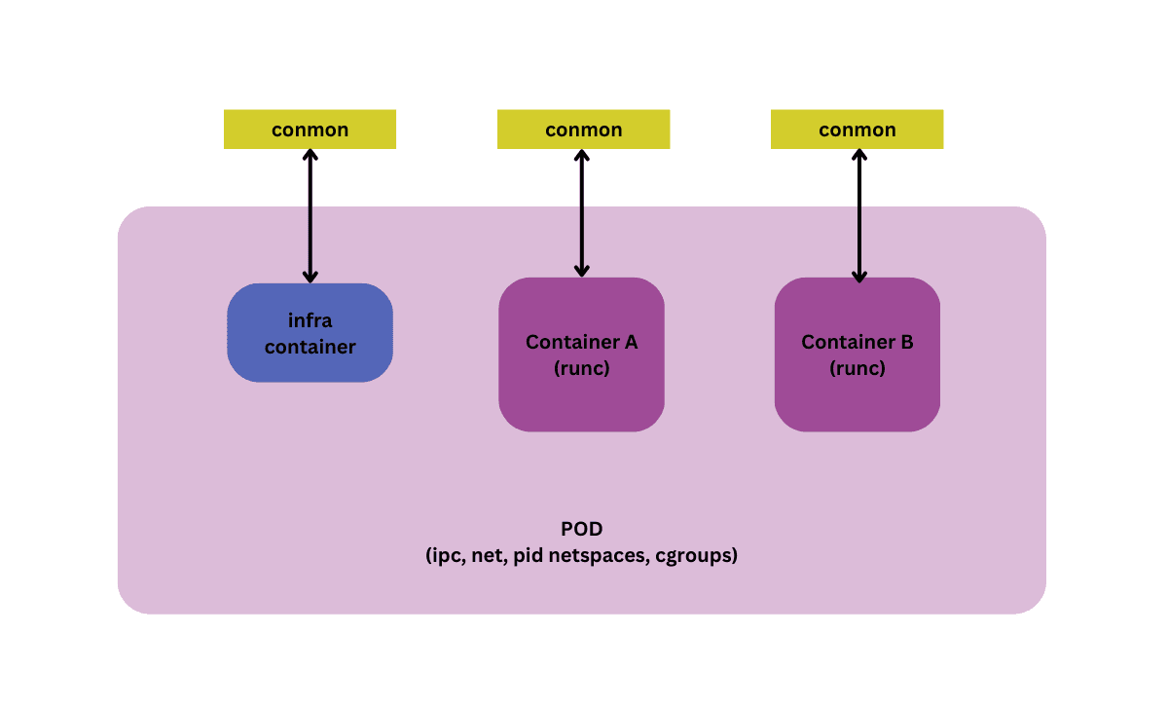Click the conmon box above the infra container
[310, 130]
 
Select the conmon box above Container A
[583, 130]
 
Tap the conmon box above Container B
[858, 130]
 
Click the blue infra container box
[310, 333]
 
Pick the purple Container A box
[581, 354]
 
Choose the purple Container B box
[858, 354]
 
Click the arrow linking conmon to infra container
[310, 216]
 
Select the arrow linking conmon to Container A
[582, 213]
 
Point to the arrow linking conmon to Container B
[859, 216]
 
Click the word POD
[581, 529]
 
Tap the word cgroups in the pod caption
[693, 556]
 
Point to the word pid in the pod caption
[529, 556]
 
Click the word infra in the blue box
[310, 320]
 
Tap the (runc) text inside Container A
[581, 368]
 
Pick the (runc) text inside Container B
[858, 368]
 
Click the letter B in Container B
[907, 342]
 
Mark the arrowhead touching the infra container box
[310, 277]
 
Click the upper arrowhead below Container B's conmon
[859, 156]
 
